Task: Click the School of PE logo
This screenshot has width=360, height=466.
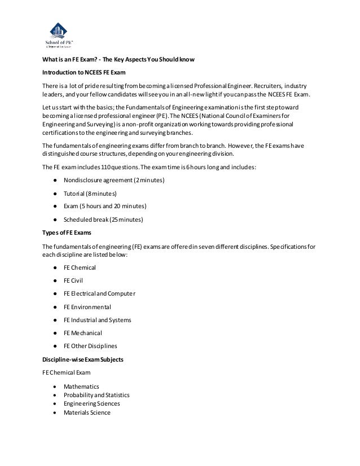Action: (59, 33)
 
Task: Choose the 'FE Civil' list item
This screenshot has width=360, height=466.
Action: (73, 280)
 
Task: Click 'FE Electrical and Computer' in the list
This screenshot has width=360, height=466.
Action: (99, 293)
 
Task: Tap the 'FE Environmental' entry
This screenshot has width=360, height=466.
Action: (87, 307)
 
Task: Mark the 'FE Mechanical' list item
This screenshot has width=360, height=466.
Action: (84, 333)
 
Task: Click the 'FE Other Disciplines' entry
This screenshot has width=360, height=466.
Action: (90, 346)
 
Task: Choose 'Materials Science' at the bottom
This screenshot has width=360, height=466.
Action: (87, 412)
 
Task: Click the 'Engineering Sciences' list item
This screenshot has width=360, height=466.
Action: (91, 403)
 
